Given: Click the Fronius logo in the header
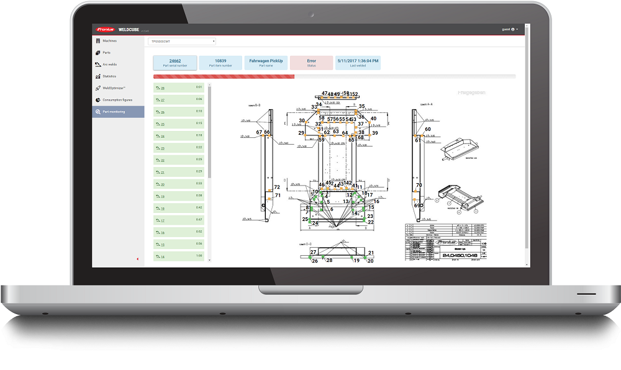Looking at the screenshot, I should tap(103, 29).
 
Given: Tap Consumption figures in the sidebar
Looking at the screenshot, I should tap(117, 100).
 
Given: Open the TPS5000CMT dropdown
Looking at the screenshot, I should tap(181, 42).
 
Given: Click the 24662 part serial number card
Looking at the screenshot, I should tap(175, 63).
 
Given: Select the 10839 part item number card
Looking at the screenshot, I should tap(220, 63).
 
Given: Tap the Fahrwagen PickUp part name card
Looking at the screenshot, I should tap(266, 63).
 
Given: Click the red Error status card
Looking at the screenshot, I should tap(311, 63).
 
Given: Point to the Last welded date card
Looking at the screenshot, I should tap(357, 63).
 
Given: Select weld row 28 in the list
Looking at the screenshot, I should tap(179, 88).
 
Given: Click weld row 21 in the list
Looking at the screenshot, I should tap(179, 172).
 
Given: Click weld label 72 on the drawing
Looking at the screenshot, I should tap(277, 187).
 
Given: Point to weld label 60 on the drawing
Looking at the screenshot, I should tap(428, 129).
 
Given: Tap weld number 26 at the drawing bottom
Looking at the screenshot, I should tap(314, 261).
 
